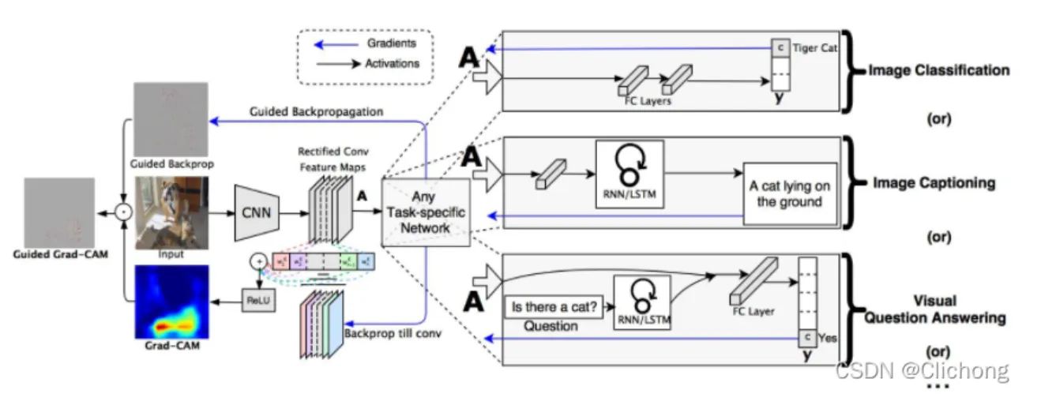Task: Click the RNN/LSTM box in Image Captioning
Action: point(629,174)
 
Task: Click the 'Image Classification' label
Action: point(938,70)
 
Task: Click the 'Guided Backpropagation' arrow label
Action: point(315,112)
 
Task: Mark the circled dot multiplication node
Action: point(122,212)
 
